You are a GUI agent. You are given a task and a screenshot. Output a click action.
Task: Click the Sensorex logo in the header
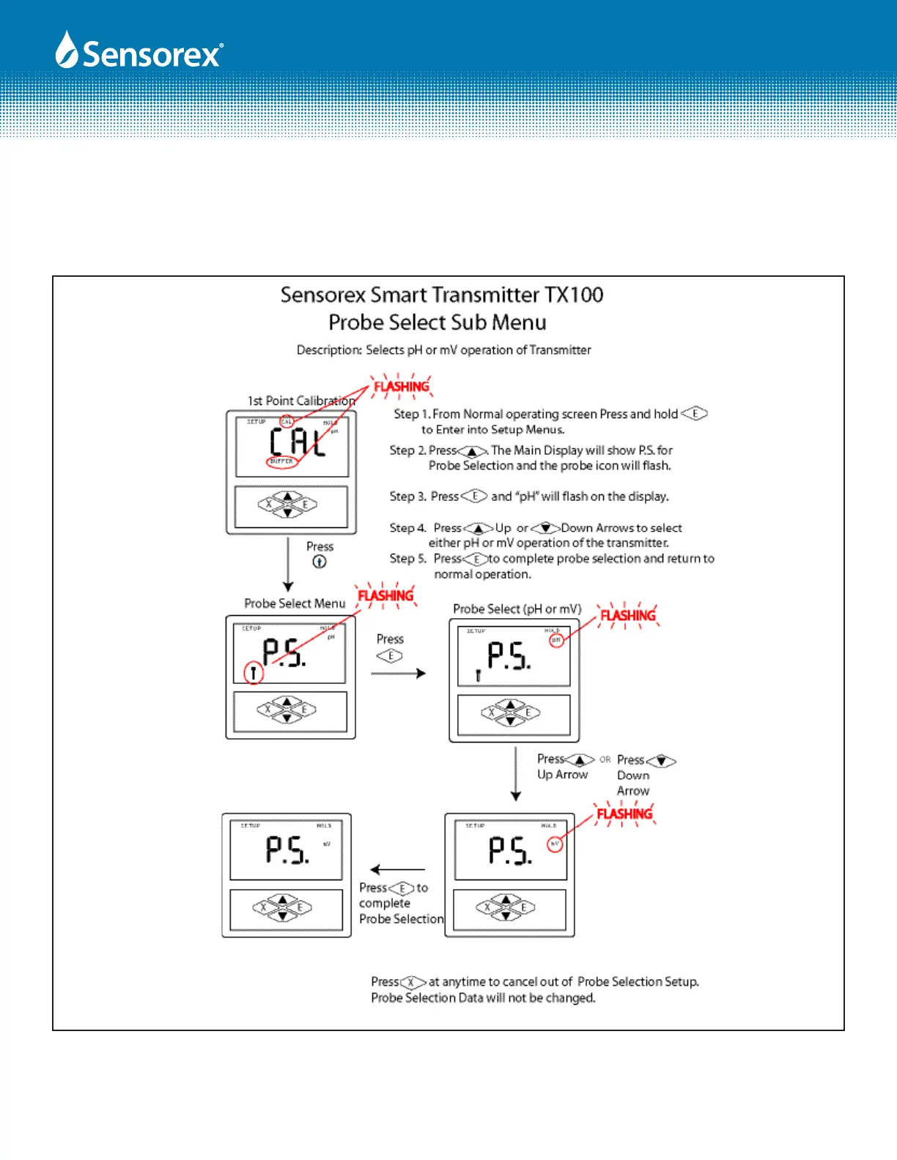139,52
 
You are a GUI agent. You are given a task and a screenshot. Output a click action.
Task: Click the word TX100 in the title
573,295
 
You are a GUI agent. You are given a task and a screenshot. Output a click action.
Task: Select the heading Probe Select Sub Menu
437,322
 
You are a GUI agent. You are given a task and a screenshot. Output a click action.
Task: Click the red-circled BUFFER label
281,461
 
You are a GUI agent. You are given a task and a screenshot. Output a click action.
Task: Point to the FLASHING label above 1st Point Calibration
402,387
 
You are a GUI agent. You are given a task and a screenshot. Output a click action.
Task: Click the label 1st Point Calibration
301,401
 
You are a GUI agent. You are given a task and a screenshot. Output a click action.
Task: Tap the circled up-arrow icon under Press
320,562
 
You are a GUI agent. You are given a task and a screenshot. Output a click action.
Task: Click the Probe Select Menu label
295,603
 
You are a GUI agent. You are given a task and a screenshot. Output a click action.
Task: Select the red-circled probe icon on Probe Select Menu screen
254,672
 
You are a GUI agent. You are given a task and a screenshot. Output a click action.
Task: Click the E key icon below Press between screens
390,656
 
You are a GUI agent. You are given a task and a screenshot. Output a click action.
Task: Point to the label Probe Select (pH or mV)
517,609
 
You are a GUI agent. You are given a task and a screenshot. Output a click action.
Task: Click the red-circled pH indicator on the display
556,640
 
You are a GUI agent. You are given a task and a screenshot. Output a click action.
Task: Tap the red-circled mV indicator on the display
555,844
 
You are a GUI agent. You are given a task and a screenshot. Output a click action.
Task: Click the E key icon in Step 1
694,414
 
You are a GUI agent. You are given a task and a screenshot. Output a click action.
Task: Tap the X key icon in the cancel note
413,982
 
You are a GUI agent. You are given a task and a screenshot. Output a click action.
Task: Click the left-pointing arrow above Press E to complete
397,870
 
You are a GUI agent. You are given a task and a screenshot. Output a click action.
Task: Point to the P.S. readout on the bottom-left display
287,850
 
